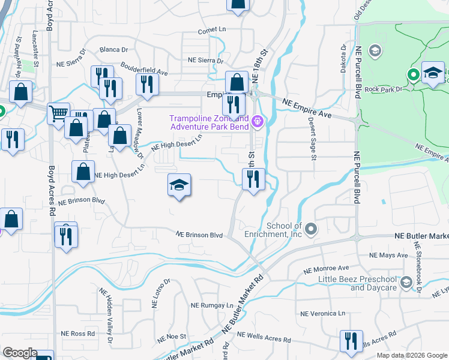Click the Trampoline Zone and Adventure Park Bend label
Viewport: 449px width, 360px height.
point(210,122)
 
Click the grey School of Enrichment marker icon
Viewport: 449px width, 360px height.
point(311,229)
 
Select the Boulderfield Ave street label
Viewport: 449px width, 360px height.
point(144,68)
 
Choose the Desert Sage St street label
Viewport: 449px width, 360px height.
point(313,139)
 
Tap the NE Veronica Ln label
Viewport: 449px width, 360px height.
point(324,313)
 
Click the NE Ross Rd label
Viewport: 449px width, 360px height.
point(78,333)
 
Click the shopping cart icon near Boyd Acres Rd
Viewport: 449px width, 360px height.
point(59,112)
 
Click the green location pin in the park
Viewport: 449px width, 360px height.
point(413,76)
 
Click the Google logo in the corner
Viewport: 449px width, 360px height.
point(20,353)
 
